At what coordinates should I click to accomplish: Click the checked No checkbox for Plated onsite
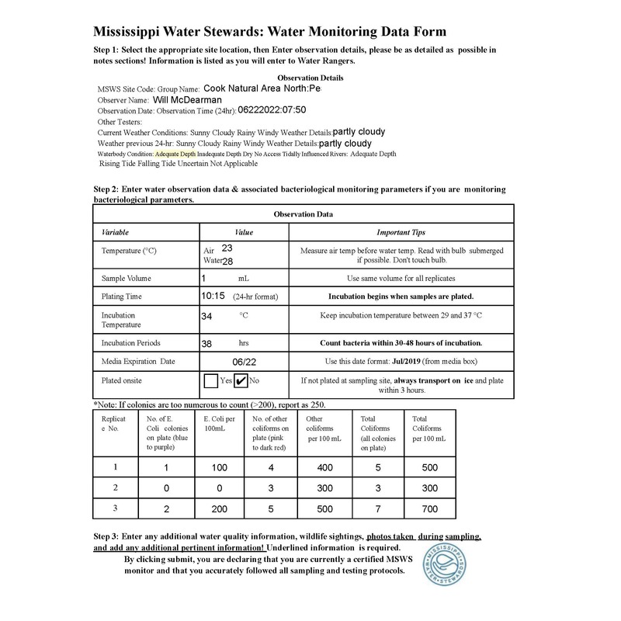click(x=241, y=380)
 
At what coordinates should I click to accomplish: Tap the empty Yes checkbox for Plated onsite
click(x=210, y=380)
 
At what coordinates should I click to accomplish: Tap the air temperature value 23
click(x=227, y=248)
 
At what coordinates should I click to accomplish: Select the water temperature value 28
click(x=227, y=262)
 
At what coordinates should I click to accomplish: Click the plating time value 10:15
click(x=213, y=296)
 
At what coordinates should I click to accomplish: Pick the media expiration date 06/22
click(x=244, y=361)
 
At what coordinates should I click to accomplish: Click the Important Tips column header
click(x=401, y=232)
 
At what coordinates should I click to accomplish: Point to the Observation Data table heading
click(x=303, y=213)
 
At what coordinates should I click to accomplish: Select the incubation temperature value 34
click(x=207, y=316)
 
